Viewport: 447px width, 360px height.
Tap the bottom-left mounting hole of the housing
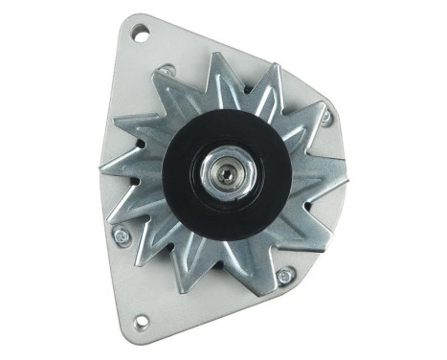(x=141, y=320)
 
